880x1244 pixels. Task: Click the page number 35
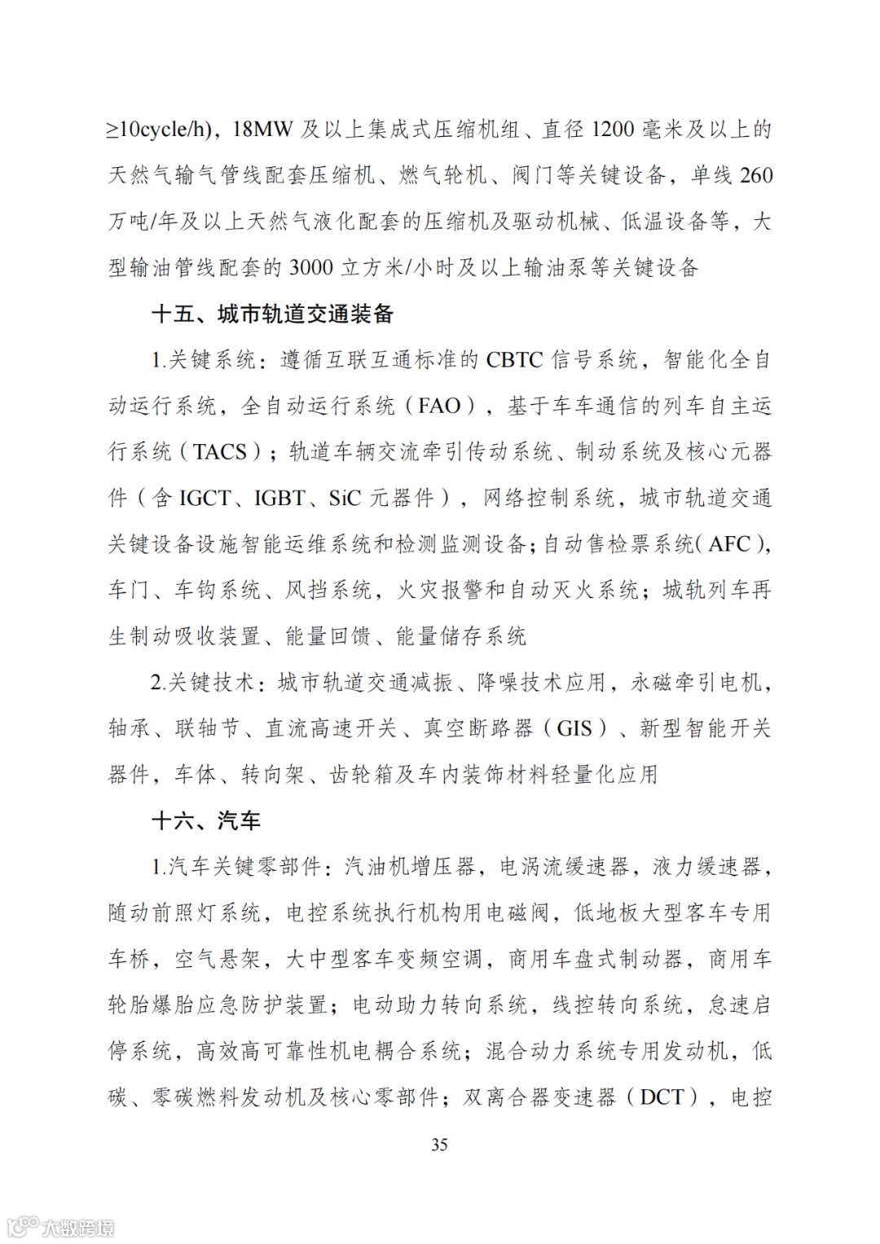(439, 1145)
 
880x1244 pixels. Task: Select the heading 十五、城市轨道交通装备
(272, 314)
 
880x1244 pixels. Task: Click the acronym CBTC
(513, 360)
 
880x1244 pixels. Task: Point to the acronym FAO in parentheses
(439, 406)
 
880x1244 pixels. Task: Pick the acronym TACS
(220, 451)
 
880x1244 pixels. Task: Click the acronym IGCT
(205, 498)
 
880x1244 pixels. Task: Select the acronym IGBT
(280, 498)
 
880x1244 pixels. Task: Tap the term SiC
(345, 498)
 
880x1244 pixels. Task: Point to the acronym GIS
(574, 727)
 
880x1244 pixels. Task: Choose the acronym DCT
(662, 1097)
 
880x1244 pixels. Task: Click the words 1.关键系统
(204, 360)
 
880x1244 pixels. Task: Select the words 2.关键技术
(204, 682)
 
